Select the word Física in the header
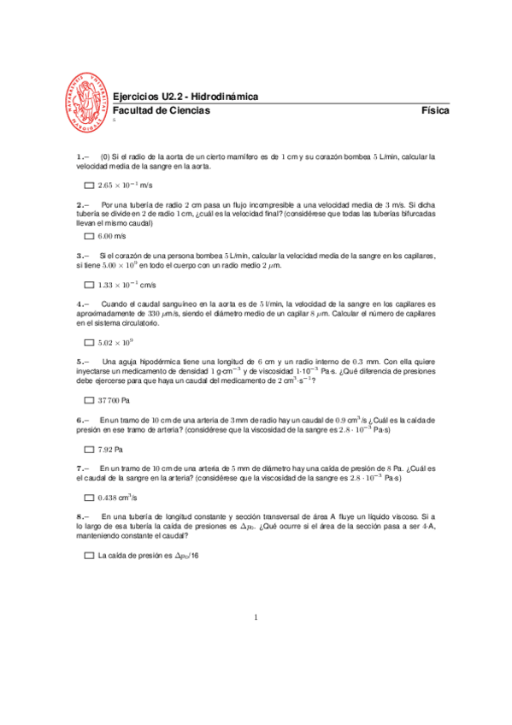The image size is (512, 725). tap(435, 111)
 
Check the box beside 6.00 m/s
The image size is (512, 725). tap(89, 235)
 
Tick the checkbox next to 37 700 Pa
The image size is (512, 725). tap(89, 400)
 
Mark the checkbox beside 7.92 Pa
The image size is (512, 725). tap(89, 449)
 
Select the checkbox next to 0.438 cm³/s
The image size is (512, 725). tap(89, 498)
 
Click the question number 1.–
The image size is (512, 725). tap(82, 156)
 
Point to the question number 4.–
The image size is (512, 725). tap(82, 304)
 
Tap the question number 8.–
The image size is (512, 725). tap(82, 517)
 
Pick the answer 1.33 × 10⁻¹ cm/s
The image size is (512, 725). tap(127, 284)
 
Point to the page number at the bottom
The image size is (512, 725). tap(256, 616)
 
